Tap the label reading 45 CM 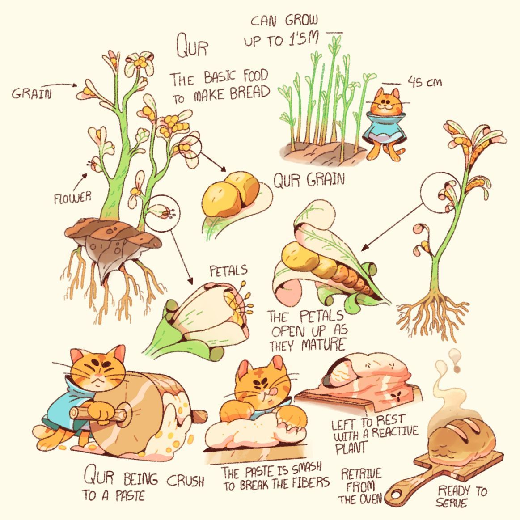click(424, 81)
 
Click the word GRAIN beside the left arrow click(32, 93)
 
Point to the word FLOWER click(72, 198)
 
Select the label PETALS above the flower click(229, 271)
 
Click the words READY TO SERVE click(461, 496)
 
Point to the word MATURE click(324, 345)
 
